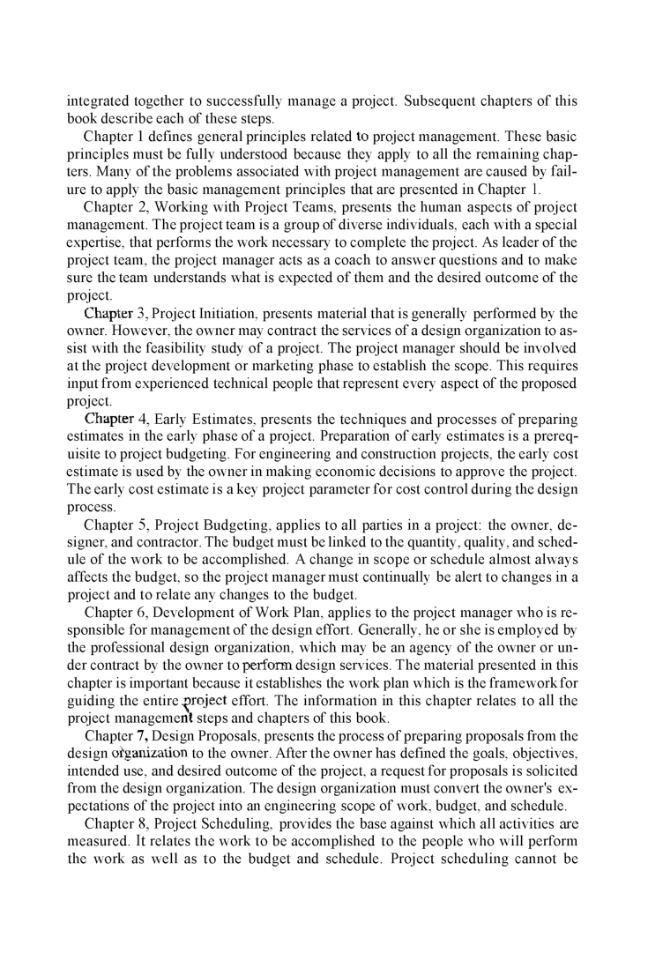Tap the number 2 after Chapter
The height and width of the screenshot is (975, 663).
point(143,207)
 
